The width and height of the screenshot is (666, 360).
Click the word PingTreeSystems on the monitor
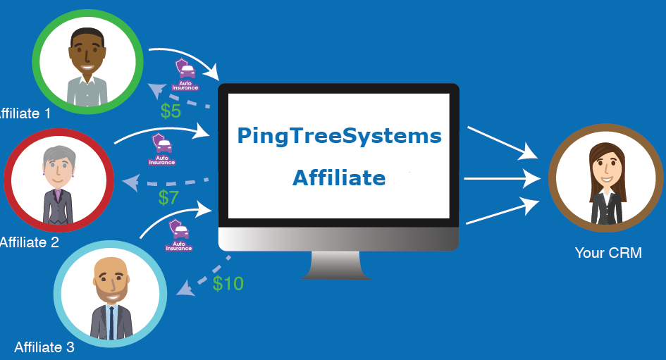coord(339,135)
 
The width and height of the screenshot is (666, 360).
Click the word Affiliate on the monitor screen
coord(339,178)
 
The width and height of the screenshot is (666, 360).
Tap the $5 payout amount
coord(171,111)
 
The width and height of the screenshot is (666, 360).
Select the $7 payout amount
coord(168,198)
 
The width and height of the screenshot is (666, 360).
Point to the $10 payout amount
coord(228,283)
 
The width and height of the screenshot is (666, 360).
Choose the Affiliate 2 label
coord(28,242)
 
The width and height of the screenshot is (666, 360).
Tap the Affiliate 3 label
coord(44,347)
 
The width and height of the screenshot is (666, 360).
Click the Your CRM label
coord(608,252)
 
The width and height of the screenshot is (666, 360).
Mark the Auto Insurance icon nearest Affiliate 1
coord(186,73)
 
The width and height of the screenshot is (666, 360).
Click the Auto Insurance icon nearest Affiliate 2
coord(162,148)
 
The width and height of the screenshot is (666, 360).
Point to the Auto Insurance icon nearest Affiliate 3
coord(179,235)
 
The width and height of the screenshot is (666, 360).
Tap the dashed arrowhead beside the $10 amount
coord(184,288)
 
